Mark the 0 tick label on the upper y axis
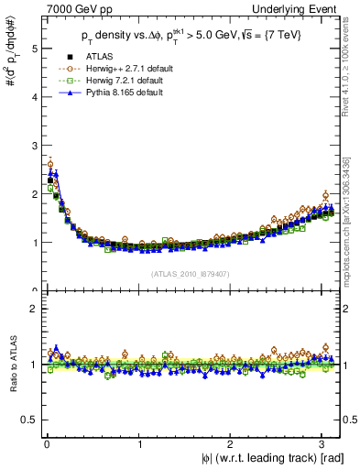point(27,290)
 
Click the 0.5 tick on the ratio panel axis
point(24,420)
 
